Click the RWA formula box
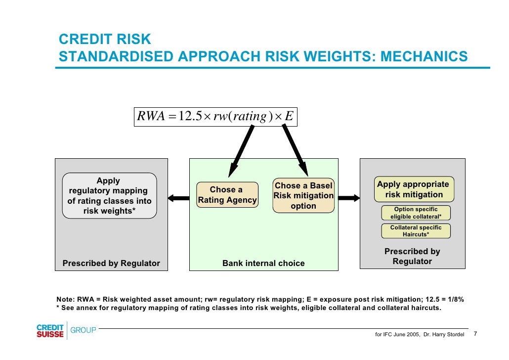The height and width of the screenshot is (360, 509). (216, 117)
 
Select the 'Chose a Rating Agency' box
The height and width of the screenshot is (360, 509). (227, 195)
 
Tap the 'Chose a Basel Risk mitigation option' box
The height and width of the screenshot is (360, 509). (303, 196)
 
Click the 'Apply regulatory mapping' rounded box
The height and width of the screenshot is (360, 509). (109, 196)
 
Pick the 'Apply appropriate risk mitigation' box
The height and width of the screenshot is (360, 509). (413, 189)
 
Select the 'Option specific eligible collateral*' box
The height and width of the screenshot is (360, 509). (416, 213)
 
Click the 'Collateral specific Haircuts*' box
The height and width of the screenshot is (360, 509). (416, 231)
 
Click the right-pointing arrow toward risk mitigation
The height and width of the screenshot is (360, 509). (348, 198)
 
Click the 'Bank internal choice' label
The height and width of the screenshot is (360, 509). (263, 264)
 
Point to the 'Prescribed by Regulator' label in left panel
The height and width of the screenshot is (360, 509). (111, 264)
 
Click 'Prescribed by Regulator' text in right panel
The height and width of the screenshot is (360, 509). (412, 256)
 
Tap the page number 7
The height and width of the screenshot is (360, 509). (475, 334)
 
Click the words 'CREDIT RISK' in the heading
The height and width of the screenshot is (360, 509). (105, 40)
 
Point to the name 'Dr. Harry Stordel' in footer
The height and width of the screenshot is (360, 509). (444, 335)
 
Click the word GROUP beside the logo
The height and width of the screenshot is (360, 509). (84, 330)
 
